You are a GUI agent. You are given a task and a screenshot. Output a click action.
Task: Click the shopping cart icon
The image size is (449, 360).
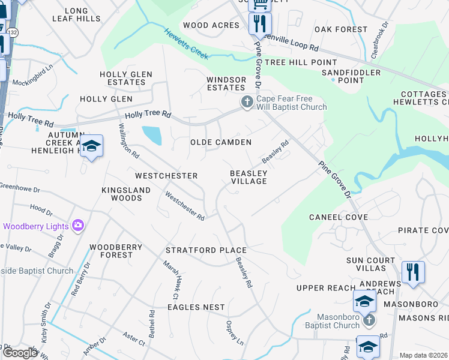click(x=260, y=4)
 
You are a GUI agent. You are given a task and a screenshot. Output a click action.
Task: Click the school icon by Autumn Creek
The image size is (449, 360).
click(x=91, y=146)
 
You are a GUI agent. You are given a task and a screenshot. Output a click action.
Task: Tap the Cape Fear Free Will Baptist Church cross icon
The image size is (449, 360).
click(x=247, y=103)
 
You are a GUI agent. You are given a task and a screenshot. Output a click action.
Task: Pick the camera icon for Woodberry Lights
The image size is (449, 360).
click(x=77, y=226)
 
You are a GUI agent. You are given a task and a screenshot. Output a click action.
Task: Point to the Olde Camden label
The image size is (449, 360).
click(x=220, y=142)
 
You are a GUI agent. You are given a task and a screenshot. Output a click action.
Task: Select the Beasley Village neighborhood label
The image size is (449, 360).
click(x=249, y=177)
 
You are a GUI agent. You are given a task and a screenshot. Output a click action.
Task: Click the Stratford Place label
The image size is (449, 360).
click(x=207, y=250)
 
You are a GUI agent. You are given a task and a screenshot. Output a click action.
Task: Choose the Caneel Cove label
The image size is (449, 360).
click(x=338, y=217)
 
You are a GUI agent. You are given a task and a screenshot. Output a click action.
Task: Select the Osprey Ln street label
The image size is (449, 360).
click(x=234, y=332)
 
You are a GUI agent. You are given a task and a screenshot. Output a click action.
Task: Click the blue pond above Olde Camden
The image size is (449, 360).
click(x=152, y=135)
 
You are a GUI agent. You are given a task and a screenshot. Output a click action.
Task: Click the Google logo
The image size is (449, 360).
click(x=20, y=353)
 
